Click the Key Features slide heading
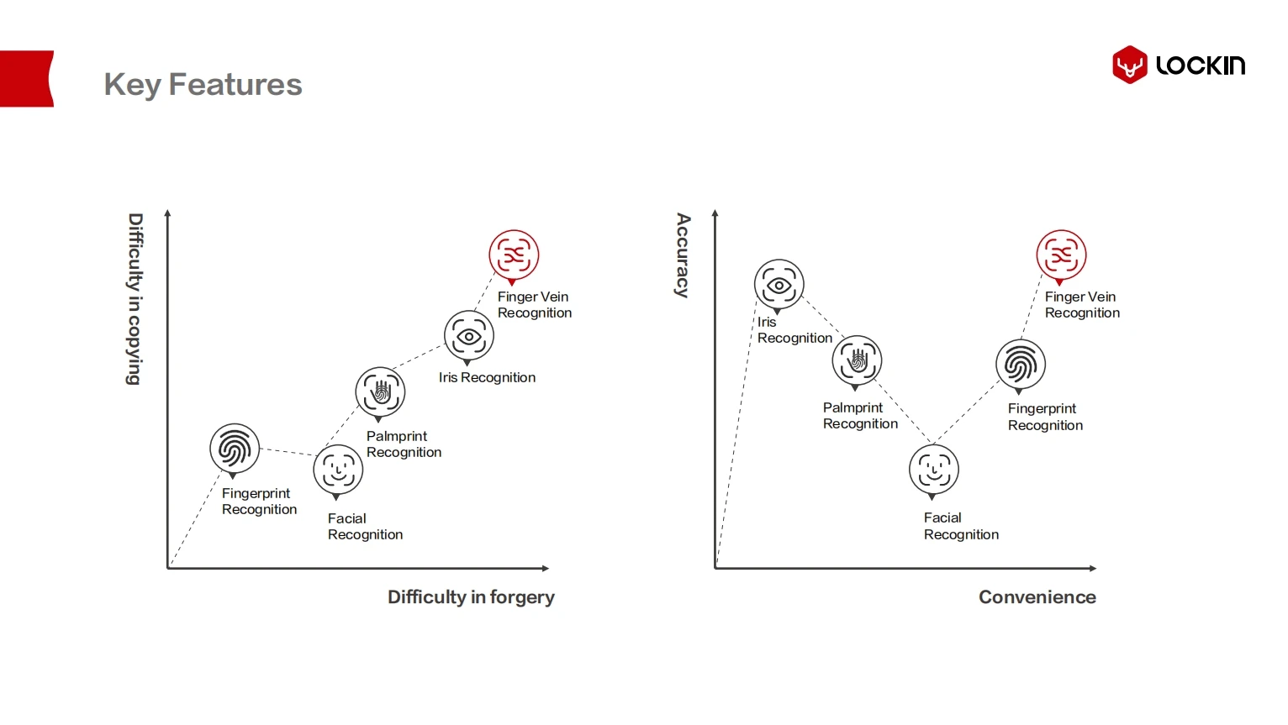click(203, 85)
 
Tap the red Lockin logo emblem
click(1129, 65)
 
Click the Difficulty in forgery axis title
click(471, 597)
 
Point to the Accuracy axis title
click(684, 255)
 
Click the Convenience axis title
click(1037, 597)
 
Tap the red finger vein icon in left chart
click(514, 255)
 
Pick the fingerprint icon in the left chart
click(235, 448)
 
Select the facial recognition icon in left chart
click(338, 470)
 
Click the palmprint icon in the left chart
click(380, 391)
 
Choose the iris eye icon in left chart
click(468, 335)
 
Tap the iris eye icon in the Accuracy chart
click(779, 284)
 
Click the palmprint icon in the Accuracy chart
click(857, 360)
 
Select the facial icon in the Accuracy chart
click(934, 470)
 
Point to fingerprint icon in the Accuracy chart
click(1021, 365)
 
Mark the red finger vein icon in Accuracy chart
click(1061, 255)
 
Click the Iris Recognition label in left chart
click(487, 378)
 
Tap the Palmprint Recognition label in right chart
click(860, 416)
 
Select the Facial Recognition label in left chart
click(365, 527)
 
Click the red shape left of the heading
click(26, 79)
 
